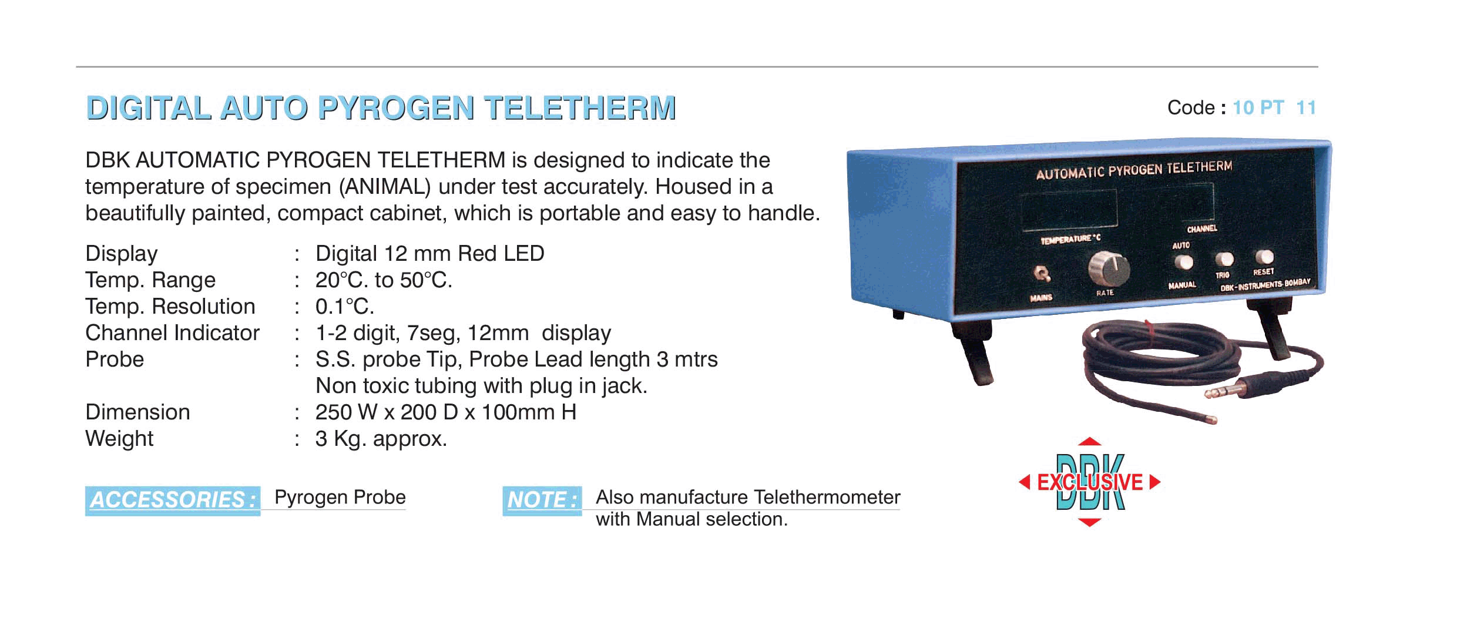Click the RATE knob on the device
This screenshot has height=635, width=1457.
click(x=1109, y=268)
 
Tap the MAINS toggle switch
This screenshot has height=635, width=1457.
click(x=1042, y=274)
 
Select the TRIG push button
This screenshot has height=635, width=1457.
click(x=1224, y=258)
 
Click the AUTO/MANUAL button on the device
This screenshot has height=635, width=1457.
click(x=1183, y=262)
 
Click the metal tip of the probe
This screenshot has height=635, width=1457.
click(x=1210, y=419)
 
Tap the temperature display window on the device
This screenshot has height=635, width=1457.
click(x=1070, y=210)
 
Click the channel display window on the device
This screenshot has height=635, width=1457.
click(x=1191, y=202)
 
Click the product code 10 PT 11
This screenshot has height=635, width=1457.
click(x=1274, y=107)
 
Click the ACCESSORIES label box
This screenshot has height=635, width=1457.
click(x=173, y=500)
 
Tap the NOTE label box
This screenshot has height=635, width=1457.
click(x=542, y=500)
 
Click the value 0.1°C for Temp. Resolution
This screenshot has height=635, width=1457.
click(x=345, y=307)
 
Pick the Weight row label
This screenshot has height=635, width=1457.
click(x=119, y=439)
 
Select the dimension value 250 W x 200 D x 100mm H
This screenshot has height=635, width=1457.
click(x=446, y=412)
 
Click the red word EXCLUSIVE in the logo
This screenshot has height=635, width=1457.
click(x=1090, y=482)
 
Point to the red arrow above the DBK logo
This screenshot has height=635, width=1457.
click(x=1090, y=442)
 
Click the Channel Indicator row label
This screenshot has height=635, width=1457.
click(x=172, y=333)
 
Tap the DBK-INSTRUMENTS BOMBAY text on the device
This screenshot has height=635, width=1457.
click(x=1265, y=285)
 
